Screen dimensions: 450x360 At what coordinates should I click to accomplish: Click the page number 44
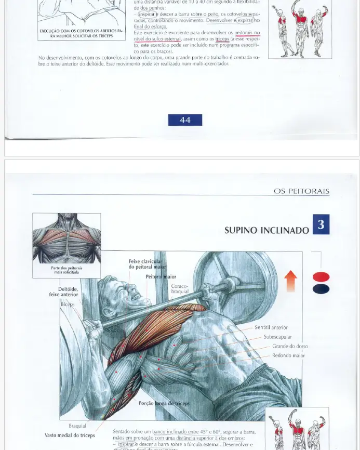(185, 120)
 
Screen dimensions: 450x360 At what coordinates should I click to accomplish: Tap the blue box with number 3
(321, 224)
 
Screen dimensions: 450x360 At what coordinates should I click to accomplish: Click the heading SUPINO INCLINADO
(266, 230)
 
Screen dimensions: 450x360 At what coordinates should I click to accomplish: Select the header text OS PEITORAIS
(301, 191)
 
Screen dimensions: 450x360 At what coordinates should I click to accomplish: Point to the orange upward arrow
(291, 281)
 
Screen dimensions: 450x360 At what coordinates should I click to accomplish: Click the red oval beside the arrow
(321, 276)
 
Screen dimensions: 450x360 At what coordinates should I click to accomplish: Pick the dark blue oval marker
(321, 289)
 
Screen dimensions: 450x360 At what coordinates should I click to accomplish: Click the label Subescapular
(277, 337)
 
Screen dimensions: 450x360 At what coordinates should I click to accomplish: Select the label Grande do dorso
(290, 346)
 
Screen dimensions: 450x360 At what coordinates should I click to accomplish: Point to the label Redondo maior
(288, 355)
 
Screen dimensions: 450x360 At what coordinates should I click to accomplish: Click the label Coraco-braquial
(180, 289)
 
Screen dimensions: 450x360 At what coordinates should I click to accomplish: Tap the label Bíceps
(68, 304)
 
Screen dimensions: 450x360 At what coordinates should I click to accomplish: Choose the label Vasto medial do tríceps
(70, 435)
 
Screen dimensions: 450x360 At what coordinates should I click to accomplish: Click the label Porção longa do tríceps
(164, 403)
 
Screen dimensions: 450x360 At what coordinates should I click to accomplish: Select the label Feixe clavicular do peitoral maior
(145, 264)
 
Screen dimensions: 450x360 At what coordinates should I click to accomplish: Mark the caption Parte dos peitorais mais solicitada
(66, 270)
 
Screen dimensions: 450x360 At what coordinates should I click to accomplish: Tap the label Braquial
(77, 426)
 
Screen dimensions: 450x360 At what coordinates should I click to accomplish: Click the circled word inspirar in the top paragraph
(146, 15)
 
